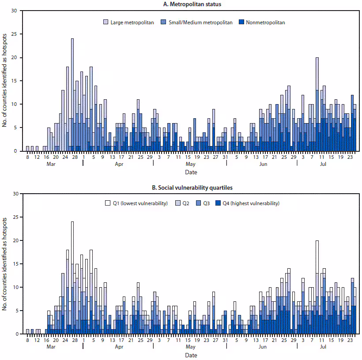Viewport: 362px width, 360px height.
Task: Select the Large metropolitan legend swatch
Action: click(106, 22)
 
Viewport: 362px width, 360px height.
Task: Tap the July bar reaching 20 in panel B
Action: click(317, 287)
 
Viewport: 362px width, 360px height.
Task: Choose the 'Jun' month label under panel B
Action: click(263, 347)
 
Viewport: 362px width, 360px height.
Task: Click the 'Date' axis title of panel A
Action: click(191, 172)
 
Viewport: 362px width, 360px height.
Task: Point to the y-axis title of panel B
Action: click(5, 263)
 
